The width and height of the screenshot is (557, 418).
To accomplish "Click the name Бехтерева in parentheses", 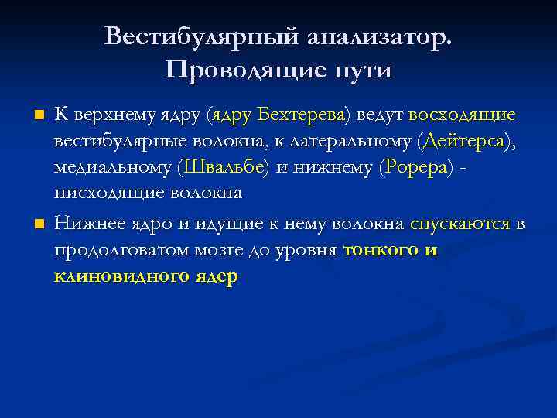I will [x=302, y=115].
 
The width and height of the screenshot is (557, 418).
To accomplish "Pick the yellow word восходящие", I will [x=462, y=115].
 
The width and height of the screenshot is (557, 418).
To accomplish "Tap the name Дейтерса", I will [x=466, y=142].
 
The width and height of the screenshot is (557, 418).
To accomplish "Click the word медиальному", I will [x=112, y=167].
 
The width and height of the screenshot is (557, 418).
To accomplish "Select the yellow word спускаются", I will [x=460, y=224].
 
